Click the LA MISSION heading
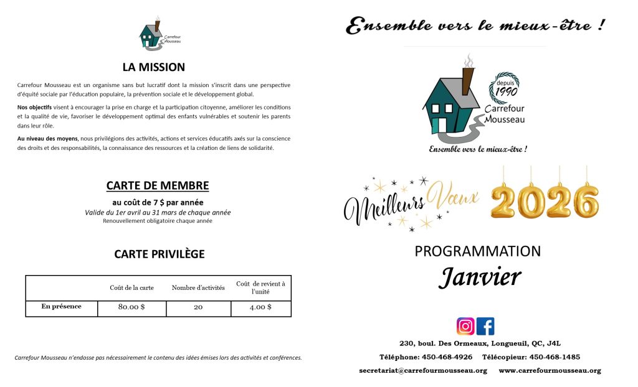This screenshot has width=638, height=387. [x=153, y=67]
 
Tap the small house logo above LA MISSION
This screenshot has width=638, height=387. [x=150, y=35]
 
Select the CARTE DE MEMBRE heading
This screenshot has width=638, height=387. [x=158, y=185]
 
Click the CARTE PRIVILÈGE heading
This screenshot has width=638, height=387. [x=159, y=254]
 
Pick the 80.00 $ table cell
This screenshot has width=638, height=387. [x=131, y=307]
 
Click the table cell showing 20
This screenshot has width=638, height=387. [x=198, y=307]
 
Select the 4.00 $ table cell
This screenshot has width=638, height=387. [x=260, y=307]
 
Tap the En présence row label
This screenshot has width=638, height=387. [x=61, y=306]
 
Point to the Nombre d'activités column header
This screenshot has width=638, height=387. [x=198, y=288]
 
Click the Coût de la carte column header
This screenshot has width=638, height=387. [x=131, y=288]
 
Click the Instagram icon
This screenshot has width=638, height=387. [x=465, y=326]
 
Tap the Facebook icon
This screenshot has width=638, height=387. [x=485, y=326]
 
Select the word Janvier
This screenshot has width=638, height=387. [x=479, y=277]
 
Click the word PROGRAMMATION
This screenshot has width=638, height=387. [x=478, y=251]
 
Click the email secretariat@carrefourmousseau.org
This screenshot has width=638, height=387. [x=423, y=371]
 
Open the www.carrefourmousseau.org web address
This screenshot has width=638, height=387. [x=550, y=371]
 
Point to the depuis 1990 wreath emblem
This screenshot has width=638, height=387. [x=506, y=88]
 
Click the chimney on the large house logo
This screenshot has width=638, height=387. [x=467, y=80]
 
